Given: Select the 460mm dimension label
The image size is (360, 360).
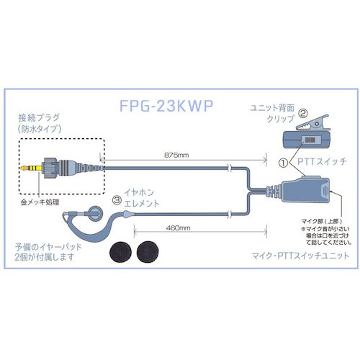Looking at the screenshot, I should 165,225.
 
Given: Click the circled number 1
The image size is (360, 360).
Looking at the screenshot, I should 283,163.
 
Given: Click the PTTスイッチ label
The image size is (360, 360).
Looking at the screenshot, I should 313,163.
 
